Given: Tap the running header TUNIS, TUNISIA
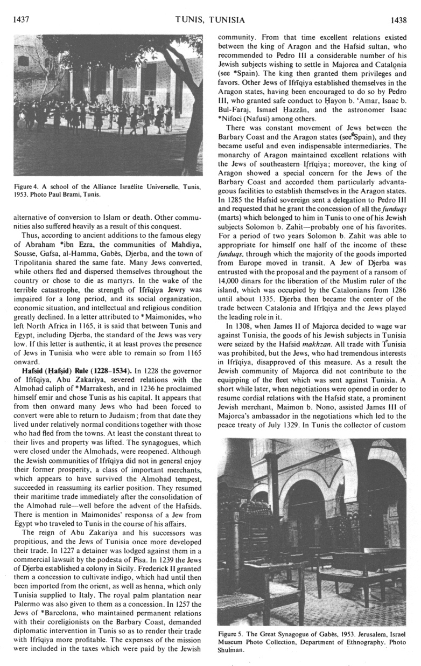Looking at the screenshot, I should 210,20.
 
